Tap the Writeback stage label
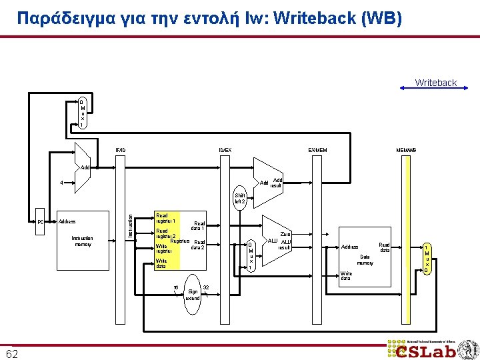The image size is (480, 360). pos(435,83)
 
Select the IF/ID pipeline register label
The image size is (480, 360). pos(120,149)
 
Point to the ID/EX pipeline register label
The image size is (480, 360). pos(225,149)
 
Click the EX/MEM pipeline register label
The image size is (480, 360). pos(317,149)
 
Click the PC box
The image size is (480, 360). pos(41,222)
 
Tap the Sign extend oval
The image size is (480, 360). pos(193,291)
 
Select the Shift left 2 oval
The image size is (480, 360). pos(239,198)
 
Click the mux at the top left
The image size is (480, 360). pos(82,113)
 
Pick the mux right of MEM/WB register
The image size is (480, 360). pos(427,259)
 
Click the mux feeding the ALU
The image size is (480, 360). pos(250,255)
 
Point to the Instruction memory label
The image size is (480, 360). pos(82,241)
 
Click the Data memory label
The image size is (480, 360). pos(365,259)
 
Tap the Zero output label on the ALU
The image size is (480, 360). pos(285,234)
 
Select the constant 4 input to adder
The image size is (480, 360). pos(61,183)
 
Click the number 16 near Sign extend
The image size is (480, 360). pos(176,287)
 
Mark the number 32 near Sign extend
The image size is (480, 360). pos(206,287)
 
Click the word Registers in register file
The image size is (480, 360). pos(180,240)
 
